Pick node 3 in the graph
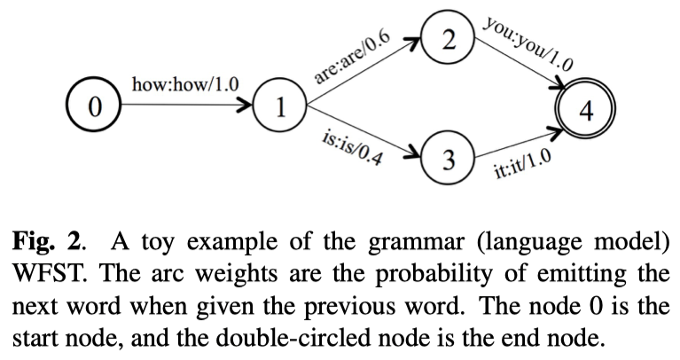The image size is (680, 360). pos(449,160)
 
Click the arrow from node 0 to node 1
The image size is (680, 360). pos(186,107)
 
